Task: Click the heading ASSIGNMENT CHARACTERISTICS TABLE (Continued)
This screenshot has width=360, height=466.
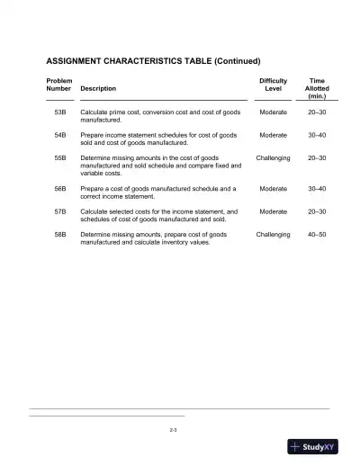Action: point(153,61)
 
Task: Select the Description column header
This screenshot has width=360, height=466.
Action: point(98,89)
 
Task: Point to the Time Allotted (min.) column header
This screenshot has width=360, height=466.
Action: point(317,88)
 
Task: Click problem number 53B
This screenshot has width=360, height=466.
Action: point(61,112)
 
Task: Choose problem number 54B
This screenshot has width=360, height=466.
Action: point(61,135)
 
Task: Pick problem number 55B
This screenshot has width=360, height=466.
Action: point(61,158)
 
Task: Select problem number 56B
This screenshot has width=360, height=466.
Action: point(61,189)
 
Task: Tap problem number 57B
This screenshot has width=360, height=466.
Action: point(61,211)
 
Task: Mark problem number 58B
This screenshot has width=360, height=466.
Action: point(61,235)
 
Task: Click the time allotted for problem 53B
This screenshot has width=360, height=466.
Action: point(318,112)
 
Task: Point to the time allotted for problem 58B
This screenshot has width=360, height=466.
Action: point(318,235)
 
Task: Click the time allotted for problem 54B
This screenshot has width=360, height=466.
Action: point(318,135)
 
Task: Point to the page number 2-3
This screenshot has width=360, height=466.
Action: point(174,431)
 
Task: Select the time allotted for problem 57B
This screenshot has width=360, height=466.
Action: point(318,211)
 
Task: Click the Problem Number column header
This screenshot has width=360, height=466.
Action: point(59,85)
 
